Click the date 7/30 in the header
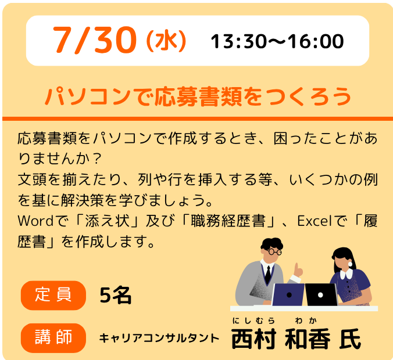[x=95, y=40]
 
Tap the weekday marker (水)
[x=166, y=41]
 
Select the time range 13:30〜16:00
[x=277, y=41]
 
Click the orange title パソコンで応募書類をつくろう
[x=198, y=96]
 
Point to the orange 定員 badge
[x=53, y=295]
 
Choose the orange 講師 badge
[x=53, y=338]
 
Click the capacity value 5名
[x=115, y=295]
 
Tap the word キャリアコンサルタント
[x=159, y=338]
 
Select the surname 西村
[x=254, y=339]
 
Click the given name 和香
[x=308, y=339]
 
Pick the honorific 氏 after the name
[x=350, y=339]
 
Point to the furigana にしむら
[x=253, y=321]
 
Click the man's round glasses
[x=275, y=251]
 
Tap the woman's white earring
[x=350, y=264]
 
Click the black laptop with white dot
[x=321, y=294]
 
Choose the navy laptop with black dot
[x=288, y=294]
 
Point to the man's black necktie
[x=268, y=275]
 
